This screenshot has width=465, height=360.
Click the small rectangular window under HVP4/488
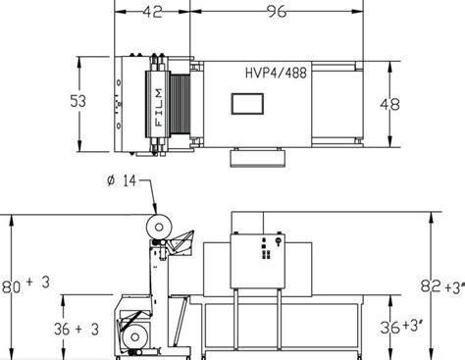coord(247,106)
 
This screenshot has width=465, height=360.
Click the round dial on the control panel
coord(279,240)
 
